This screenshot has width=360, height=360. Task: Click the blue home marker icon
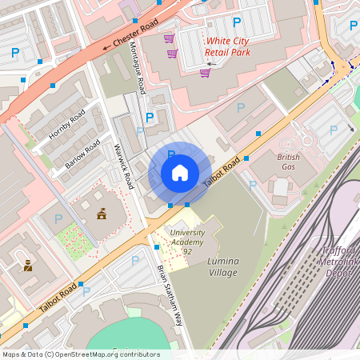(x=180, y=173)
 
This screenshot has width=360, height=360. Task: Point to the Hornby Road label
(x=66, y=124)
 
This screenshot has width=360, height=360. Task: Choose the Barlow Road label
(x=82, y=153)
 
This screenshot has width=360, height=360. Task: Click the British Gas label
(x=288, y=162)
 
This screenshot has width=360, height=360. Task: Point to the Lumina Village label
(x=222, y=267)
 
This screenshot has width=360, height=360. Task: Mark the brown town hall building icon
(x=102, y=214)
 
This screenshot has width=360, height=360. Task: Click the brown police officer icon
(x=28, y=265)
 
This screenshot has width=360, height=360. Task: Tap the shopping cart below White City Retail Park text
(x=206, y=73)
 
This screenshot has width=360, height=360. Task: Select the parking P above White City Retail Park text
(x=236, y=22)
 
